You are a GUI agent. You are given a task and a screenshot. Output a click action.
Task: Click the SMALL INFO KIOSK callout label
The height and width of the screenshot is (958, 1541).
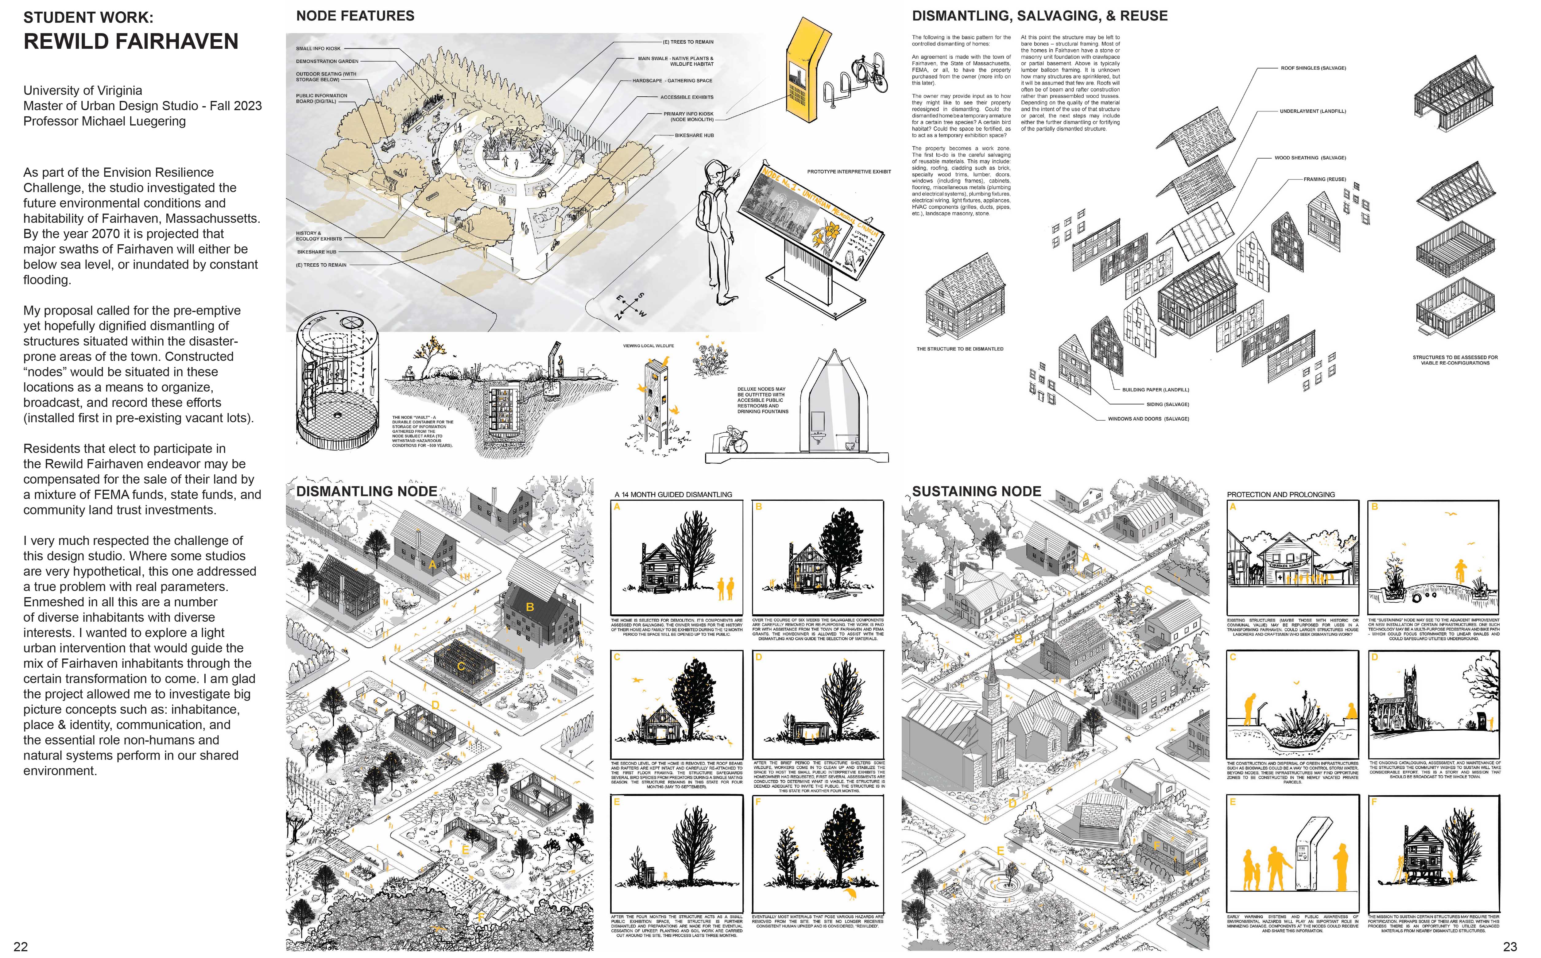coord(318,48)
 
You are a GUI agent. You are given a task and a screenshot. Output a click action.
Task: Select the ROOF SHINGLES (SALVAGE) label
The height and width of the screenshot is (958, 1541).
coord(1313,68)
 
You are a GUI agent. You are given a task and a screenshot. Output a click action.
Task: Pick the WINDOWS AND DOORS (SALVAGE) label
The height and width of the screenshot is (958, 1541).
coord(1148,419)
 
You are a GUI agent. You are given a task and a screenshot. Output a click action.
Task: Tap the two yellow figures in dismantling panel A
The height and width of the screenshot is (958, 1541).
coord(725,589)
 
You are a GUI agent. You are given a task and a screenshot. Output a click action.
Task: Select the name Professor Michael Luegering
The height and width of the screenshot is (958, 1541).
coord(105,121)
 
